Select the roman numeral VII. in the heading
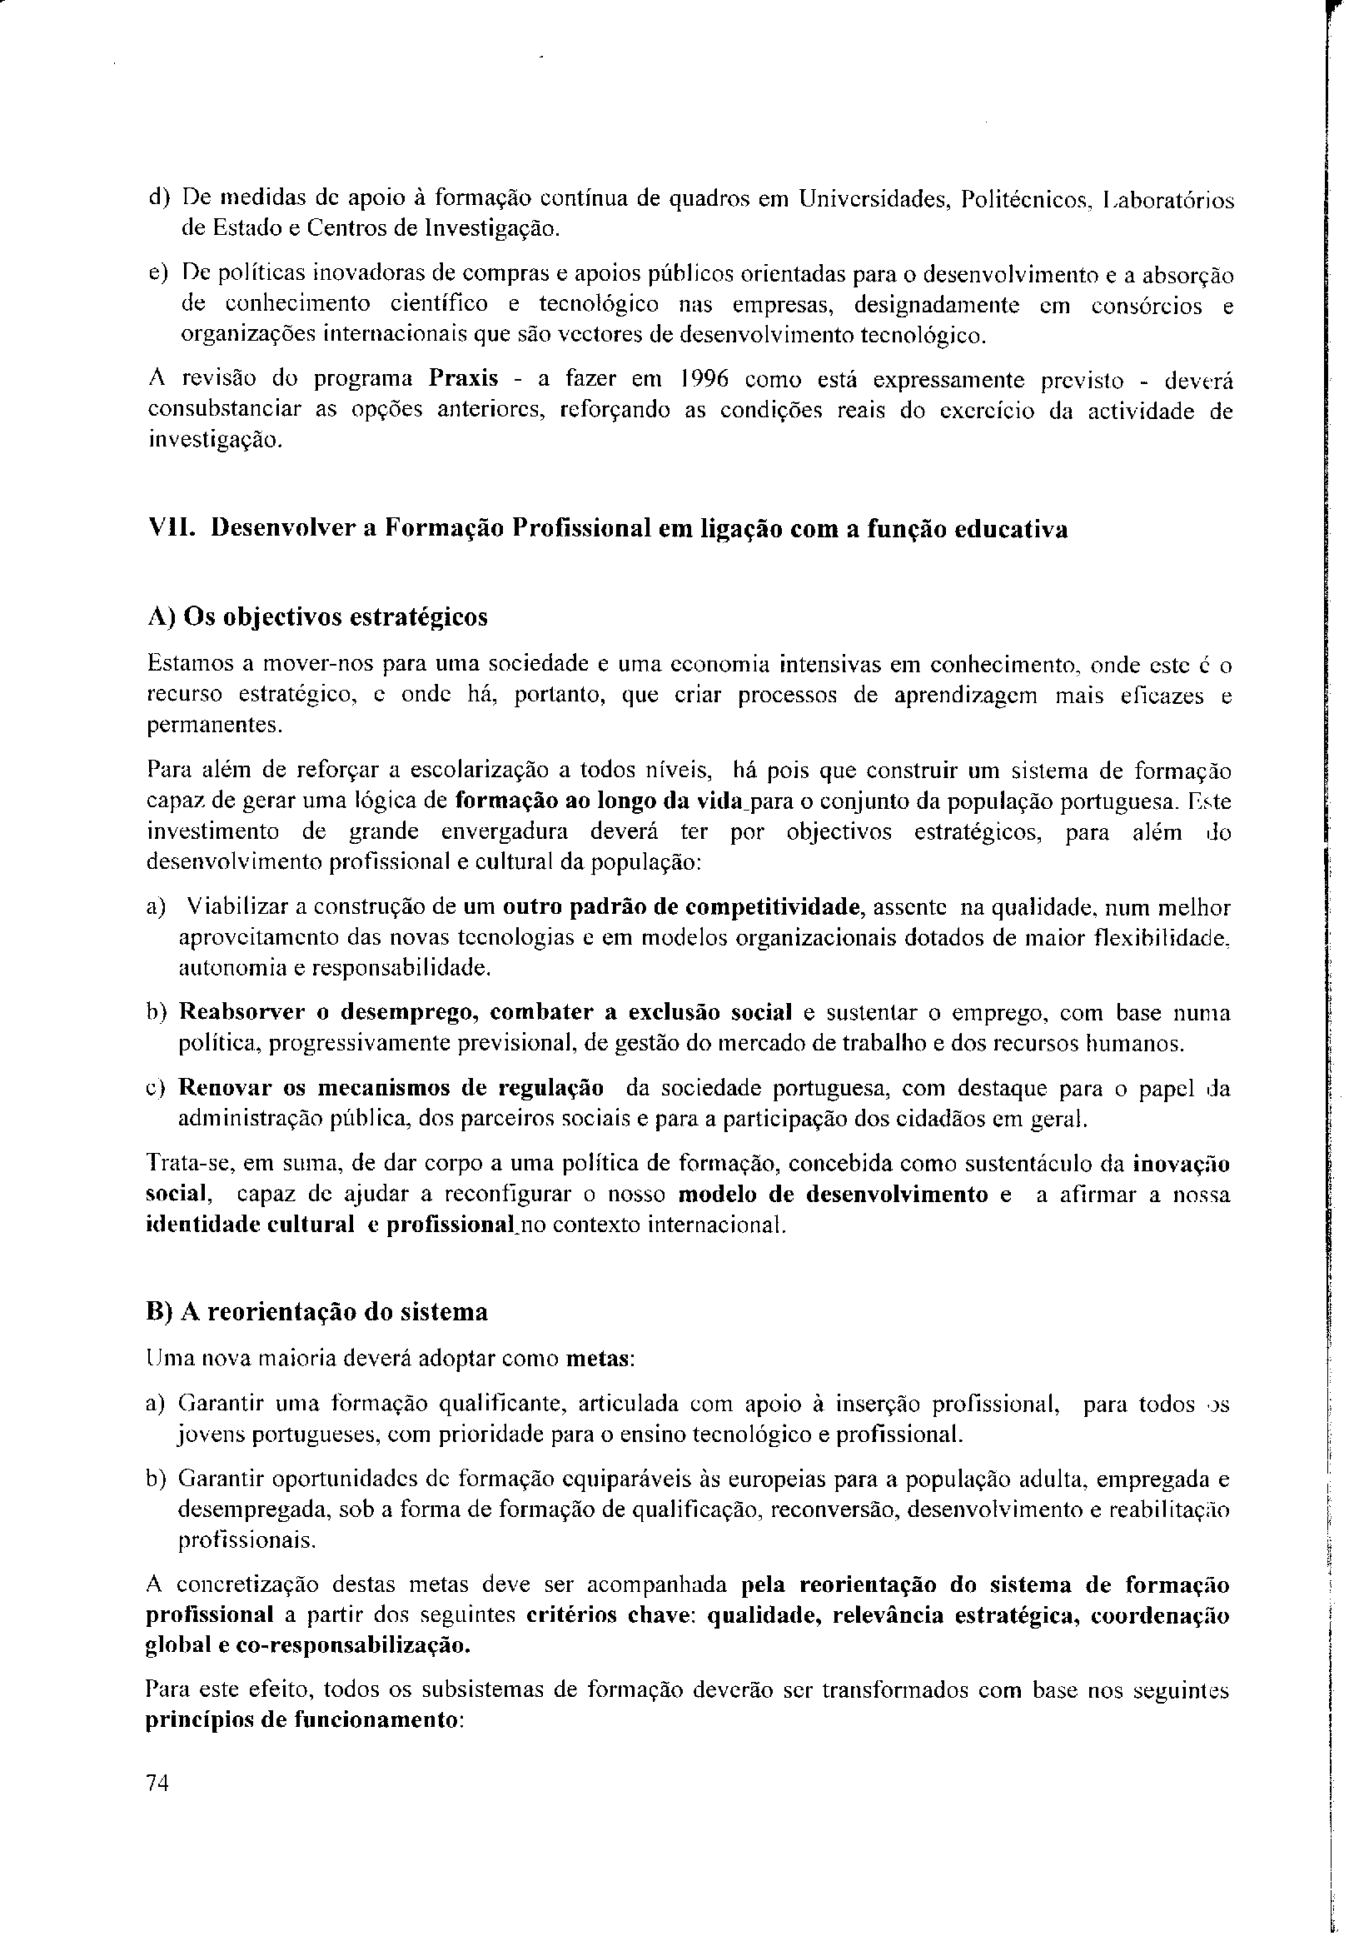pyautogui.click(x=172, y=529)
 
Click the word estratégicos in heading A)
pyautogui.click(x=420, y=617)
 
